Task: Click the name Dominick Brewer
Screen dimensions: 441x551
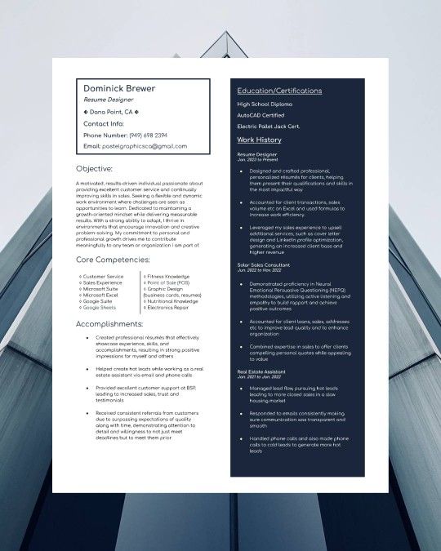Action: point(119,88)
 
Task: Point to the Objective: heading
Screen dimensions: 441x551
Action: point(94,168)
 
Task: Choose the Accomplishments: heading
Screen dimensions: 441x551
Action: point(109,323)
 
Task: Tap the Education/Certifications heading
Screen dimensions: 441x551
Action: point(279,90)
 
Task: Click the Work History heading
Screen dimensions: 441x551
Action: point(259,140)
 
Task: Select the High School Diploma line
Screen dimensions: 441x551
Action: point(264,104)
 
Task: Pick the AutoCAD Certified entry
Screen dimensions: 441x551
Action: point(261,115)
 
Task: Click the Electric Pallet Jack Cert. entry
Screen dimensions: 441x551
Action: point(268,127)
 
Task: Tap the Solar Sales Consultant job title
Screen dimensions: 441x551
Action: point(264,265)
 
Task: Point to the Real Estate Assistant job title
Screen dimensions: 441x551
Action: point(261,371)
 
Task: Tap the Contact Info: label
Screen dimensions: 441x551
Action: point(104,123)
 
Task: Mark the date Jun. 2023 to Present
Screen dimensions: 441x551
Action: point(256,159)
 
